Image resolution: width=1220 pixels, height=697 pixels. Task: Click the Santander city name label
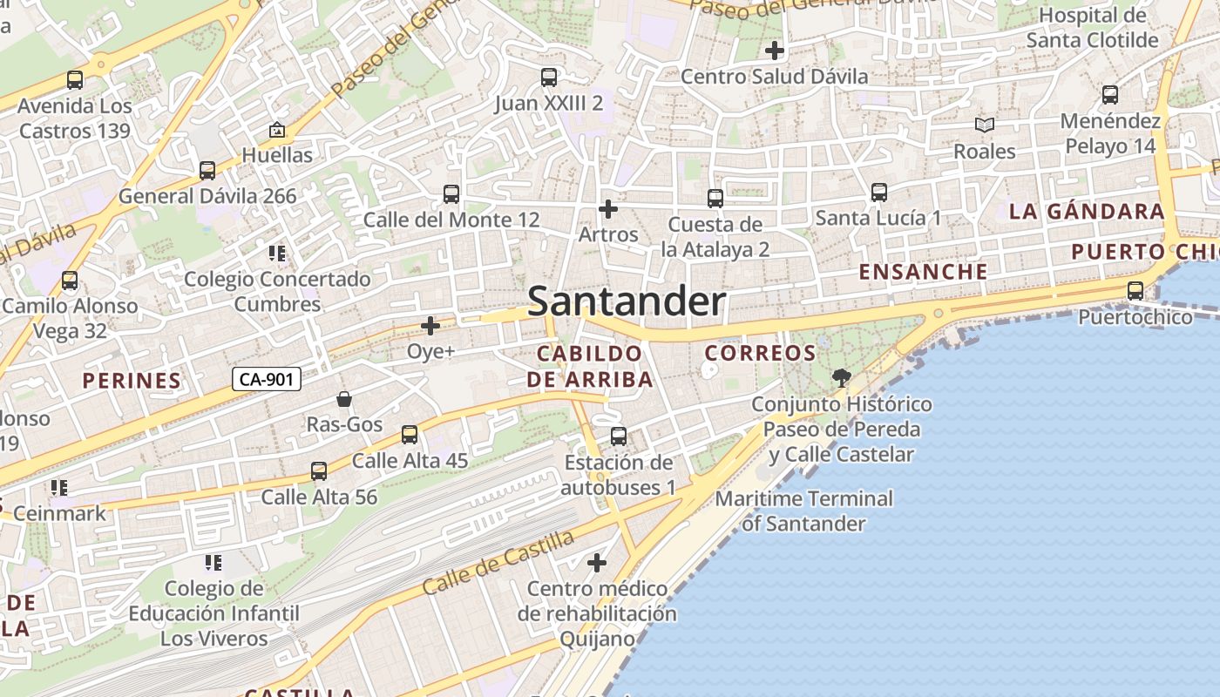[x=627, y=301]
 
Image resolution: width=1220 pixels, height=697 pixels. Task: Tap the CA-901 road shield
[x=267, y=379]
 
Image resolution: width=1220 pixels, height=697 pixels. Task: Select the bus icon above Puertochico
[x=1135, y=291]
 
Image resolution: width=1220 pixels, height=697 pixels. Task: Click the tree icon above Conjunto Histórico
[x=841, y=378]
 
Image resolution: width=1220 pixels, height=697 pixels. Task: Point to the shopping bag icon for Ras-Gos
[x=344, y=399]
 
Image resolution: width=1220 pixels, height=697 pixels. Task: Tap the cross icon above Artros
[x=608, y=209]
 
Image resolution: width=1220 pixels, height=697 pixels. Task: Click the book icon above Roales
[x=984, y=125]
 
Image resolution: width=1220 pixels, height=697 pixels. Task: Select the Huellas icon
[x=277, y=130]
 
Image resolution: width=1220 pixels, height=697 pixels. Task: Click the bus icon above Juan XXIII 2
[x=548, y=78]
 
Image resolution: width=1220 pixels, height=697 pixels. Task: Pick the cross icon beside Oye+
[x=430, y=326]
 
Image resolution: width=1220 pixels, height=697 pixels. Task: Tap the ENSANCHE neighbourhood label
[x=924, y=271]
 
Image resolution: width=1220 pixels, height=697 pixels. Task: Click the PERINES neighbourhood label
[x=132, y=380]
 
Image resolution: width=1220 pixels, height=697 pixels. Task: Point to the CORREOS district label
[x=760, y=353]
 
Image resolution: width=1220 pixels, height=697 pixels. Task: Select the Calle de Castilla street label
[x=498, y=563]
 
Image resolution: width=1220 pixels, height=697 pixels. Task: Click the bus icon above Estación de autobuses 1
[x=618, y=436]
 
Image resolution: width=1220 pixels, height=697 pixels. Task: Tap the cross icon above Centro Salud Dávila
[x=774, y=51]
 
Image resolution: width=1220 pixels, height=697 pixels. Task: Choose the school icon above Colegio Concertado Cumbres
[x=277, y=254]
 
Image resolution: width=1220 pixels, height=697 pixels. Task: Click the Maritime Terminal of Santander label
[x=804, y=511]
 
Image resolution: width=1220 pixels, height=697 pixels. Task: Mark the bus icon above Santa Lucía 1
[x=878, y=192]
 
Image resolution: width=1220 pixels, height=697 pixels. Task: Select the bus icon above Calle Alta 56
[x=319, y=471]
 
